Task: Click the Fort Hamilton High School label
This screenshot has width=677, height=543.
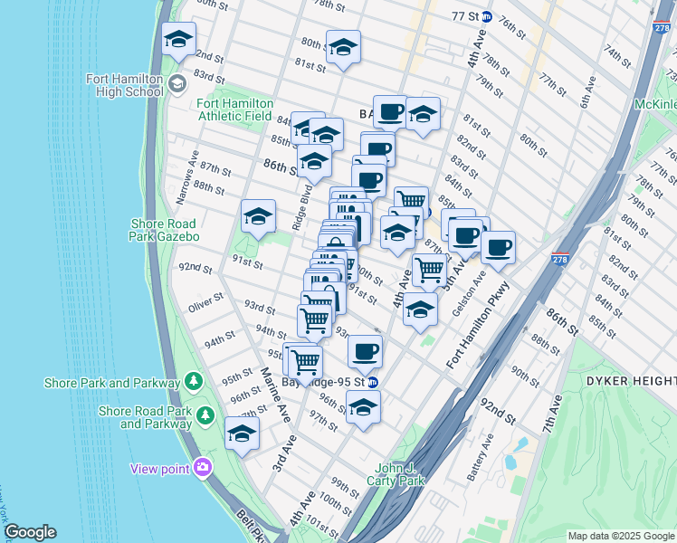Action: (x=125, y=84)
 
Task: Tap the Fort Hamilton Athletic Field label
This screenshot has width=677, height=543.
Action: (x=234, y=110)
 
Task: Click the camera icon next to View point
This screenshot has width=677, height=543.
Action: (x=202, y=467)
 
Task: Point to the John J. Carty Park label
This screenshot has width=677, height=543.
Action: (x=399, y=474)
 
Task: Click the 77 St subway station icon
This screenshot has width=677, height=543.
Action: (x=486, y=16)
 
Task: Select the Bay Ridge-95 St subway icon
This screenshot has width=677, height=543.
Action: (x=373, y=382)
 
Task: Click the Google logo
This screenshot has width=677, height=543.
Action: (x=30, y=532)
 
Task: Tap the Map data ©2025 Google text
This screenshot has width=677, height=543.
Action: (x=620, y=536)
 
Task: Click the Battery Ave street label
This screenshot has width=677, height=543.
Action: (x=489, y=454)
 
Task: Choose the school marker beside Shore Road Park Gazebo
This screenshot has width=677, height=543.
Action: (x=258, y=216)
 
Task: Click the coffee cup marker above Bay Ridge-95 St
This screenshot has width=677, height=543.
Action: (x=365, y=351)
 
